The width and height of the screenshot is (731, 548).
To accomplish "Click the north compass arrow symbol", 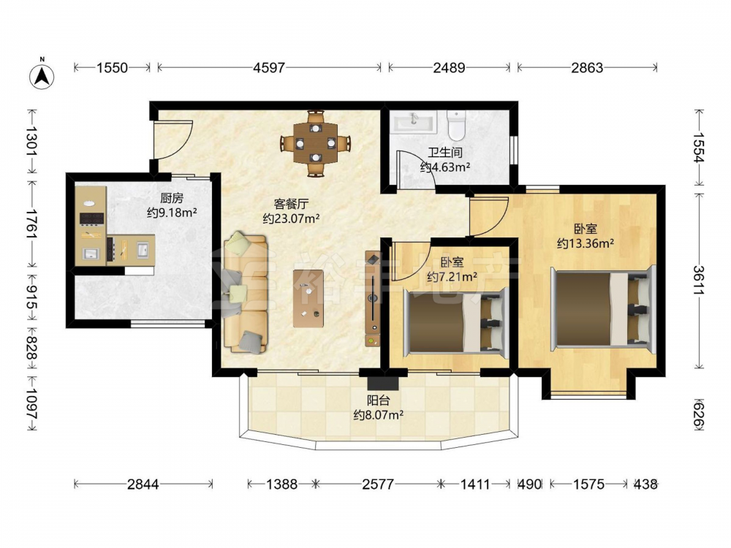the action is tap(42, 76).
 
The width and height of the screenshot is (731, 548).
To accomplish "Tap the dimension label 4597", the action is tap(268, 68).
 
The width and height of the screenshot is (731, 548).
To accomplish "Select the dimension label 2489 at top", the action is tap(449, 68).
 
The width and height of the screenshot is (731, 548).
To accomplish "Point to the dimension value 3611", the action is tap(698, 280).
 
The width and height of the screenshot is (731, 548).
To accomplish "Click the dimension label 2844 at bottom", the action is tap(143, 484).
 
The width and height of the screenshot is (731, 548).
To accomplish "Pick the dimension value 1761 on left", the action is tap(32, 224).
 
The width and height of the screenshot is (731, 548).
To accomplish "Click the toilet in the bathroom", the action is tap(456, 125).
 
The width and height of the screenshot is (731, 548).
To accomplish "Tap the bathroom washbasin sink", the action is tap(414, 122).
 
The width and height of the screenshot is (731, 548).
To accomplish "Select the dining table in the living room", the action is tap(316, 143).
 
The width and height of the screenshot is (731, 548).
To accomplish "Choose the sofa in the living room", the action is tap(245, 293).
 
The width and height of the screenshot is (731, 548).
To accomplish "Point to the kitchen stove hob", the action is tap(91, 219).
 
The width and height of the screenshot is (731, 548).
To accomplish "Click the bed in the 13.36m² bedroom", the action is tap(603, 308).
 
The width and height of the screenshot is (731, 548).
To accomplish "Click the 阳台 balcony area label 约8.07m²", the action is tap(378, 415).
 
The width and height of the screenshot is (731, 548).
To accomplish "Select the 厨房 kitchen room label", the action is tap(172, 198).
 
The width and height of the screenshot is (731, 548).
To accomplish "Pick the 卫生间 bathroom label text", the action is tap(445, 153).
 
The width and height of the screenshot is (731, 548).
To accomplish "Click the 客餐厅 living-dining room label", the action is tap(291, 204).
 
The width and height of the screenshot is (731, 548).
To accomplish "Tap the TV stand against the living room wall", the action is tap(373, 299).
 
